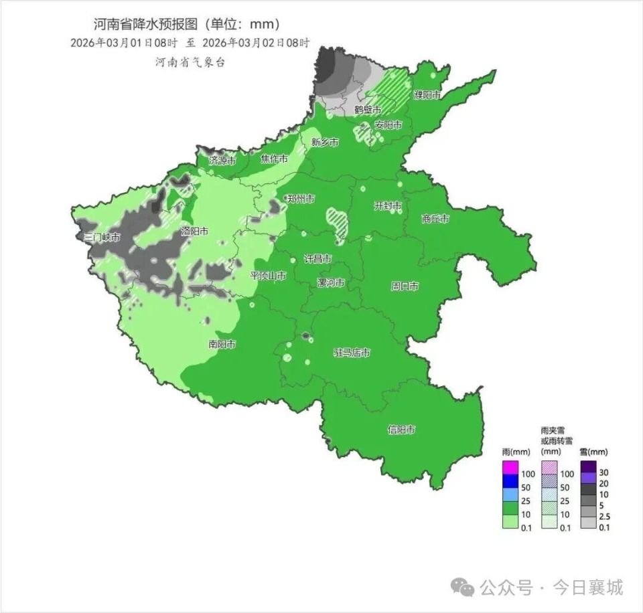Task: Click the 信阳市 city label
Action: tap(402, 430)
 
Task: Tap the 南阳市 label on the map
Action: tap(222, 345)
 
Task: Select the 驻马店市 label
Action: tap(352, 353)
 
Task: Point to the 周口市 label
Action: tap(405, 286)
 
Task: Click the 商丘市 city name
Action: tap(435, 218)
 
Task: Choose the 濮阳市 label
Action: tap(427, 95)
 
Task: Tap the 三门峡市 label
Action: tap(102, 238)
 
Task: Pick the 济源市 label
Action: tap(222, 161)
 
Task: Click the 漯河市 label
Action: tap(331, 282)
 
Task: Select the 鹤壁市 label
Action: tap(368, 109)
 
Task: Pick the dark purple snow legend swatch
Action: tap(588, 466)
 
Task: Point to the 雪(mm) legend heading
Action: tap(593, 452)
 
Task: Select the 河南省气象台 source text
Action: tap(190, 62)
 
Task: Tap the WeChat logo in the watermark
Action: tap(463, 588)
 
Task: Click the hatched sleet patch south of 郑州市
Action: tap(337, 222)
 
